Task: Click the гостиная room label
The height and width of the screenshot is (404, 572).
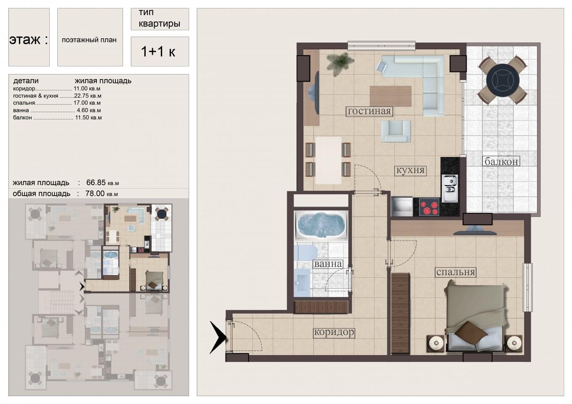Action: click(369, 111)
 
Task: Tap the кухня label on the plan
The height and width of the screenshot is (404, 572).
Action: click(410, 170)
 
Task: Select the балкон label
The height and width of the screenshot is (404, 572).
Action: click(501, 162)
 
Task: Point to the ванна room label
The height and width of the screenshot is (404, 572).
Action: click(328, 264)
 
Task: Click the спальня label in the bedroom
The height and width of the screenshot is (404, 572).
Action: click(456, 272)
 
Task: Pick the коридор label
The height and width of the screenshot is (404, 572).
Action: click(334, 332)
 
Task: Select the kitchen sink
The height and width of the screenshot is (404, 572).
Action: click(450, 188)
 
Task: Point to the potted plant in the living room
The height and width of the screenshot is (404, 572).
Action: click(340, 64)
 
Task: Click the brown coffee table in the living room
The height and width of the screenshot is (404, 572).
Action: click(390, 96)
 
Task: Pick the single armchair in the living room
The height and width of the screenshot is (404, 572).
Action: click(396, 131)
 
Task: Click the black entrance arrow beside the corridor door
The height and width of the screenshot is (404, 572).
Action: click(218, 338)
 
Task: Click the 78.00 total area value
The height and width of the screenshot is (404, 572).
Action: click(102, 194)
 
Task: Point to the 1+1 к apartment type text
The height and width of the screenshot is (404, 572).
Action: click(158, 51)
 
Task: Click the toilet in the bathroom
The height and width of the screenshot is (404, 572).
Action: click(305, 252)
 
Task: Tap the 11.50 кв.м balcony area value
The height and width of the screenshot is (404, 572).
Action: click(88, 117)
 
